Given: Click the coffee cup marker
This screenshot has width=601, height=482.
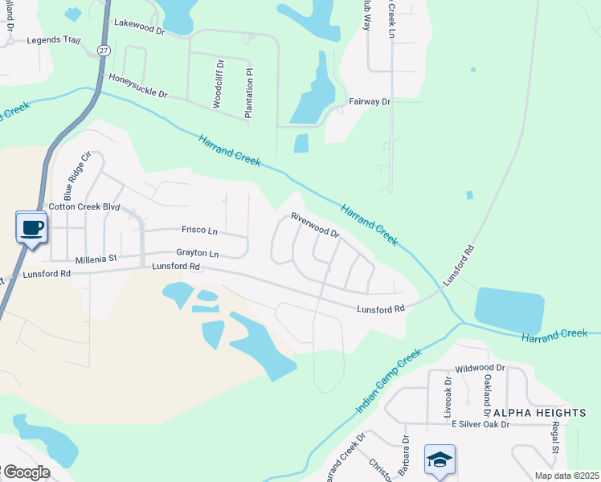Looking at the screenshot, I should pyautogui.click(x=31, y=227).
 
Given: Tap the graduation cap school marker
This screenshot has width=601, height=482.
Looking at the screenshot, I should pyautogui.click(x=440, y=460).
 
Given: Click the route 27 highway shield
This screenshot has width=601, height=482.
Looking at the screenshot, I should pyautogui.click(x=104, y=50).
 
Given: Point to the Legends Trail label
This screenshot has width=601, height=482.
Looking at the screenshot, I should pyautogui.click(x=54, y=39).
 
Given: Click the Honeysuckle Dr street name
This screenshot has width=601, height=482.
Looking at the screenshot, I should pyautogui.click(x=137, y=88).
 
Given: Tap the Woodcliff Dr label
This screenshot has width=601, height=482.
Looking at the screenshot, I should pyautogui.click(x=218, y=83).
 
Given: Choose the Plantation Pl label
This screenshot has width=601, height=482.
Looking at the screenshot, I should pyautogui.click(x=249, y=93).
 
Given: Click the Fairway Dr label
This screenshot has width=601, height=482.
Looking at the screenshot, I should pyautogui.click(x=370, y=102).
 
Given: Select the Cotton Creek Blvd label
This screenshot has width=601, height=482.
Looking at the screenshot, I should pyautogui.click(x=84, y=206).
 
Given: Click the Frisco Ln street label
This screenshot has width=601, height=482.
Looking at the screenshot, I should pyautogui.click(x=199, y=231).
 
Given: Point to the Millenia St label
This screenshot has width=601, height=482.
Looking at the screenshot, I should pyautogui.click(x=96, y=259).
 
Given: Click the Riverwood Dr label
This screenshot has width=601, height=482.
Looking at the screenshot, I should pyautogui.click(x=315, y=225).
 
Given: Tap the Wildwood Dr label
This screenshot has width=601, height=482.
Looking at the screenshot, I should pyautogui.click(x=479, y=367).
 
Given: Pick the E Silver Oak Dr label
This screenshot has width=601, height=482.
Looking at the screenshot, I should pyautogui.click(x=480, y=424).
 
